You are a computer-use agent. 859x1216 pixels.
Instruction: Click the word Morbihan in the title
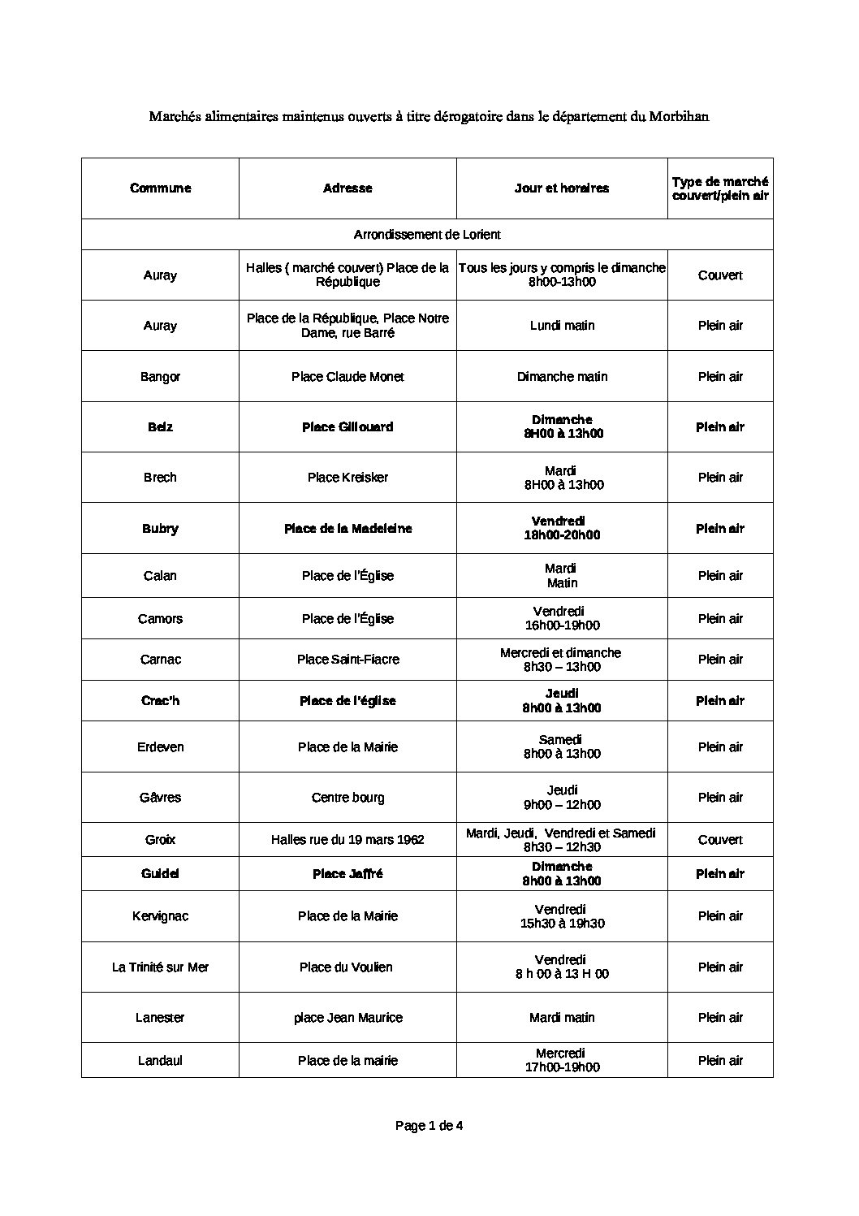point(679,116)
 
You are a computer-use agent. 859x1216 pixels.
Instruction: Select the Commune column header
point(160,188)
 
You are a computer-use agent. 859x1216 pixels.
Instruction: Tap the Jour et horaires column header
point(561,188)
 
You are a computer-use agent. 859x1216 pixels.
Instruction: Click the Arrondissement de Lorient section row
point(427,235)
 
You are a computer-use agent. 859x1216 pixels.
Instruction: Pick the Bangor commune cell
point(160,377)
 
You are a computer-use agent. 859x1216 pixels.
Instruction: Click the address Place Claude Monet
point(347,377)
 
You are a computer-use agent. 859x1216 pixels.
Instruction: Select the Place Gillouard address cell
point(347,427)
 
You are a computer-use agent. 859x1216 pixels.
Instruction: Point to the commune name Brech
point(160,478)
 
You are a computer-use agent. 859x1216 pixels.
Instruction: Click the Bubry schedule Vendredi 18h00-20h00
point(561,528)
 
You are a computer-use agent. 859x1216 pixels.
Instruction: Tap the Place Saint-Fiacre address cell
point(347,660)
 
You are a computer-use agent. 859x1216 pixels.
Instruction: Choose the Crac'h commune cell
point(160,701)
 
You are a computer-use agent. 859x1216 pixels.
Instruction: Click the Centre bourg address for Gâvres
point(347,798)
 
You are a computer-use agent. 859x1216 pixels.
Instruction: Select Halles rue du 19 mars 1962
point(347,840)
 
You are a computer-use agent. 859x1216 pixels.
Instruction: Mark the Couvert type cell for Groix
point(720,840)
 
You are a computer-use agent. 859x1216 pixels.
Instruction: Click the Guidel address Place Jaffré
point(347,874)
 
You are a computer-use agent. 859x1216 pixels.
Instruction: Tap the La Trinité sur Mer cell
point(160,967)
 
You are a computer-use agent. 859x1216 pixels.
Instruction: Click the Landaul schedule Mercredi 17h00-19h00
point(561,1060)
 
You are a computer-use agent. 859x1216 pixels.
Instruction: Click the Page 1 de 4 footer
point(429,1126)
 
